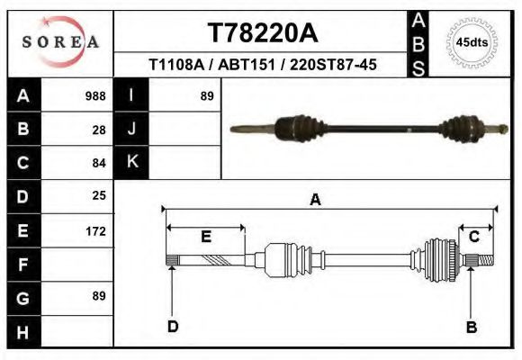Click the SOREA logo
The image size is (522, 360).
pos(59,41)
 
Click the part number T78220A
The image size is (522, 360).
pos(263,33)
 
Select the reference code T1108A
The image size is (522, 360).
pos(176,65)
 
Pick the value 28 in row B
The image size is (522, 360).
pos(99,129)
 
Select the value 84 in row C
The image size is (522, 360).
pos(99,163)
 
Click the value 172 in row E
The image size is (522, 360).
pos(95,230)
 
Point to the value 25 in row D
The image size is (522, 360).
pos(99,195)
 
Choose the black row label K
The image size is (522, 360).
pos(131,162)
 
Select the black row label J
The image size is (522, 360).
pos(131,129)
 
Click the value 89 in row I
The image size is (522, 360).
pos(206,95)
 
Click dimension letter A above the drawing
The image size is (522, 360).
pos(315,200)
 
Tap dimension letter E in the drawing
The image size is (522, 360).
pos(205,237)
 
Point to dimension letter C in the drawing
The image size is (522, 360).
pos(473,236)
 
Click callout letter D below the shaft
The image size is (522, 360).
pos(173,327)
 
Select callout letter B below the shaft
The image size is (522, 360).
pos(471,327)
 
